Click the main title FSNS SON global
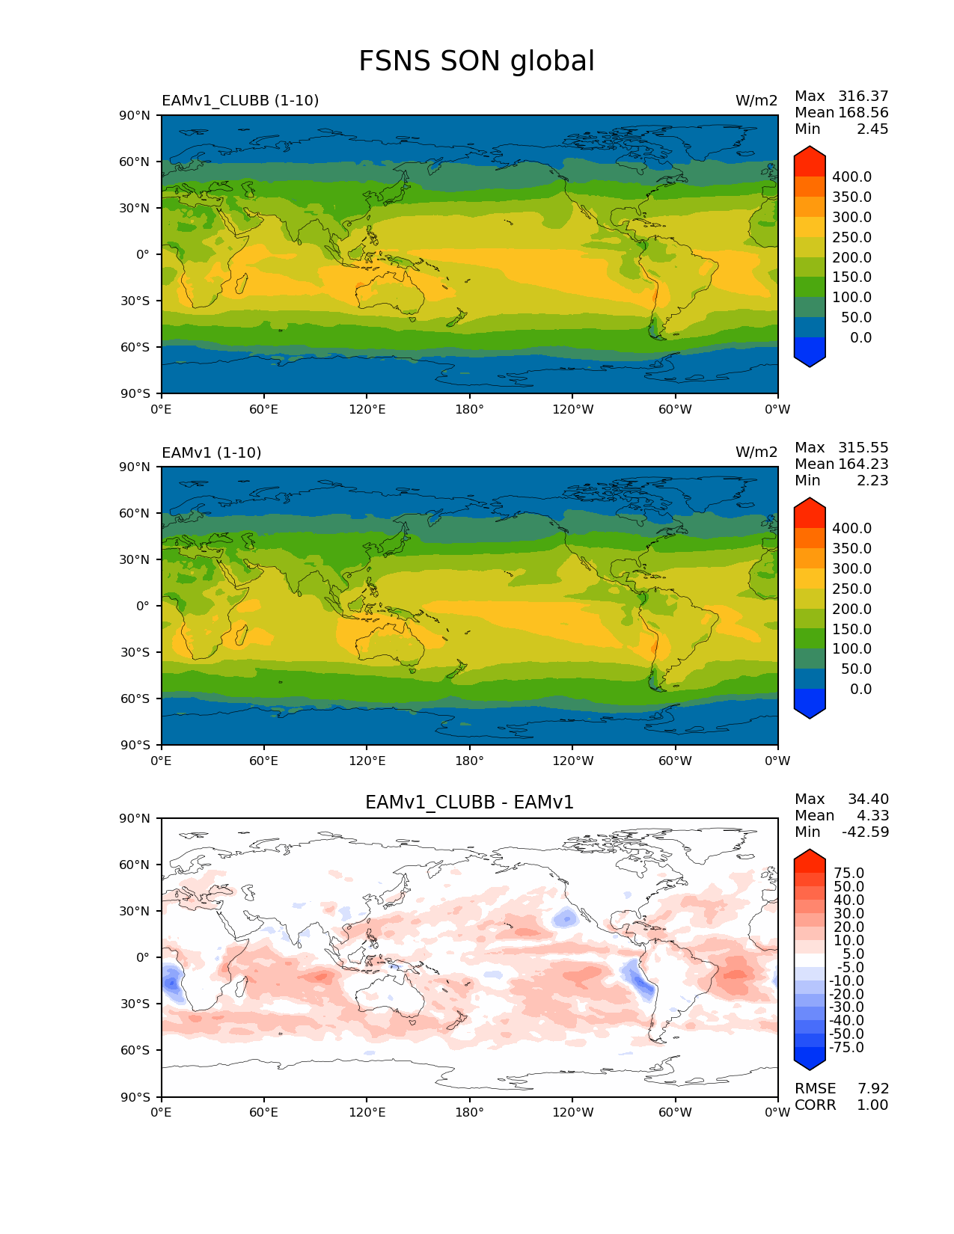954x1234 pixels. pyautogui.click(x=477, y=61)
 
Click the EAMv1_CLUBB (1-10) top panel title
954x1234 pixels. pyautogui.click(x=240, y=101)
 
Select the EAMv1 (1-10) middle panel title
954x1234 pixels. pyautogui.click(x=212, y=452)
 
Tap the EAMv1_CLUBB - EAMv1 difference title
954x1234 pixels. pyautogui.click(x=469, y=802)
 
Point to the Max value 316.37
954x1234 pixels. pyautogui.click(x=863, y=96)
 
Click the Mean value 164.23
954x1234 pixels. pyautogui.click(x=863, y=464)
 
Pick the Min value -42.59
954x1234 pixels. pyautogui.click(x=865, y=832)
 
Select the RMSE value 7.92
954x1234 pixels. pyautogui.click(x=872, y=1089)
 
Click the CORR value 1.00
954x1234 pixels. pyautogui.click(x=872, y=1105)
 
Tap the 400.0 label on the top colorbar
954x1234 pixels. pyautogui.click(x=851, y=177)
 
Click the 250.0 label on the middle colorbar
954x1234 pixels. pyautogui.click(x=851, y=589)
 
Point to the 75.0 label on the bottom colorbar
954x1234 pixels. pyautogui.click(x=849, y=874)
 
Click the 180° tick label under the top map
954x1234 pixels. pyautogui.click(x=469, y=410)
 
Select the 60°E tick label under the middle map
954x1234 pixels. pyautogui.click(x=263, y=761)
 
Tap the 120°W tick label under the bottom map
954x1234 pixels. pyautogui.click(x=572, y=1113)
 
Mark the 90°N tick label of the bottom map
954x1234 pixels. pyautogui.click(x=135, y=819)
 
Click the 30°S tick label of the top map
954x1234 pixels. pyautogui.click(x=135, y=301)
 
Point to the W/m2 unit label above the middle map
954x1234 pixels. pyautogui.click(x=756, y=452)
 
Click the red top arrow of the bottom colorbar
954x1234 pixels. pyautogui.click(x=810, y=860)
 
